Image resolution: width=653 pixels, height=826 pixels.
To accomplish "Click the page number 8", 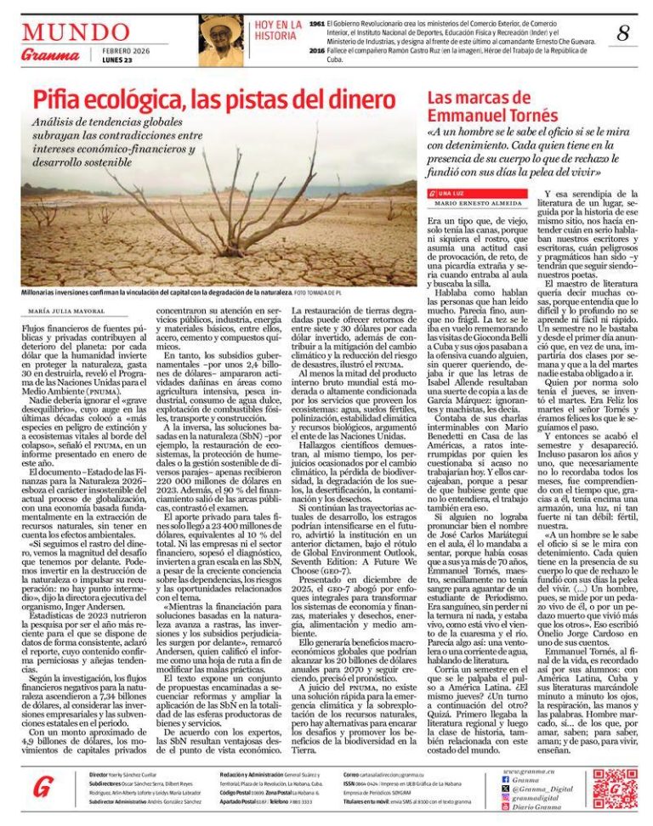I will (623, 34).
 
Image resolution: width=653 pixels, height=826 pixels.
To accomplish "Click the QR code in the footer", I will (615, 788).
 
